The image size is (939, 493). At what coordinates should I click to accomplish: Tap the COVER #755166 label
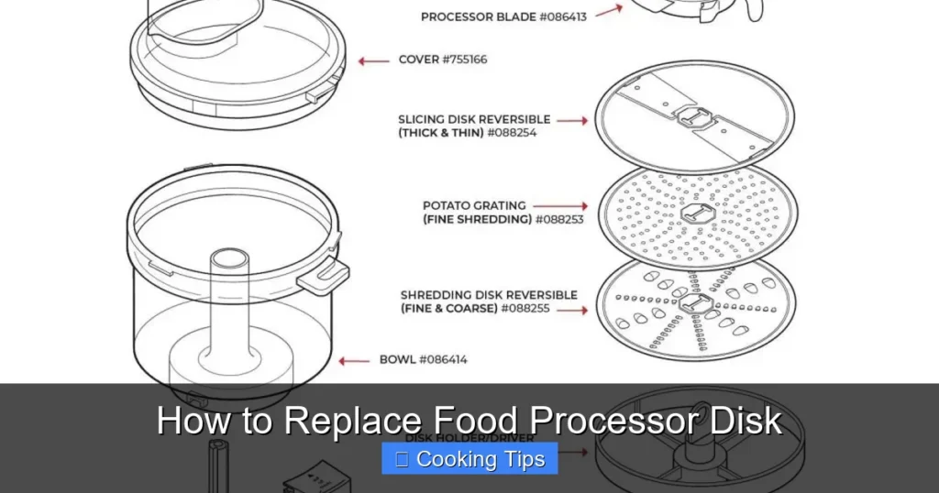pyautogui.click(x=443, y=60)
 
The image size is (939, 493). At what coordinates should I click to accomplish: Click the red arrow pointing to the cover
pyautogui.click(x=373, y=60)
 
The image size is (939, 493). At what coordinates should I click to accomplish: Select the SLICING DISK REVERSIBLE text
pyautogui.click(x=474, y=119)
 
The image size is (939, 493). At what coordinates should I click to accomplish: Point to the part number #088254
pyautogui.click(x=512, y=133)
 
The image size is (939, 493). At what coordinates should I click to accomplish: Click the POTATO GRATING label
pyautogui.click(x=474, y=205)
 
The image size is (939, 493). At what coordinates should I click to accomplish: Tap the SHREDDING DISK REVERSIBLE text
pyautogui.click(x=489, y=295)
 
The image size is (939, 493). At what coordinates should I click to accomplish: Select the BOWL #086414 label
pyautogui.click(x=423, y=359)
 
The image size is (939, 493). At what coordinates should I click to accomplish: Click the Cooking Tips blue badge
pyautogui.click(x=469, y=459)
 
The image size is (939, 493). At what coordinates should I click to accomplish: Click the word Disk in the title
pyautogui.click(x=746, y=421)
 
